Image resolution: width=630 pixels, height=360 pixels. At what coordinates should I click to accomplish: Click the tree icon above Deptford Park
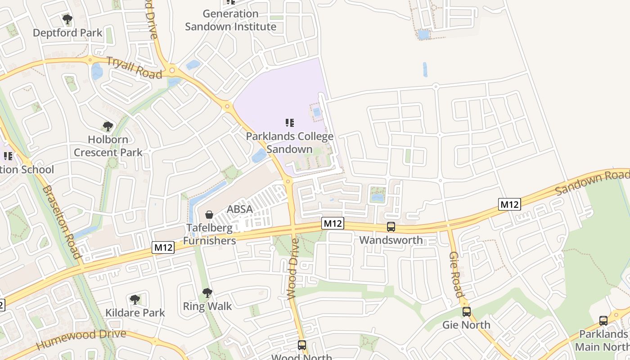click(x=67, y=19)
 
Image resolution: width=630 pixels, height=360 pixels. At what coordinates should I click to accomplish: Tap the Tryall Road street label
click(x=134, y=67)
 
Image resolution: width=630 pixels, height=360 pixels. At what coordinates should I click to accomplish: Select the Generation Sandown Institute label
click(x=230, y=20)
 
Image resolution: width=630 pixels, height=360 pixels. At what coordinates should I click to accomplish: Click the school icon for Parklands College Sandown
click(x=290, y=122)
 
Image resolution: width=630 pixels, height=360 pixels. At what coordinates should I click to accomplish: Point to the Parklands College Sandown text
click(x=290, y=143)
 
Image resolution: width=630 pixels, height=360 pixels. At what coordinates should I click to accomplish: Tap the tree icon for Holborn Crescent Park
click(x=108, y=126)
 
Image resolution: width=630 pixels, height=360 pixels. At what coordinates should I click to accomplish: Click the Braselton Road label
click(x=62, y=222)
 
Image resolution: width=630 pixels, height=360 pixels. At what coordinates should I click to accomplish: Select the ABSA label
click(x=239, y=209)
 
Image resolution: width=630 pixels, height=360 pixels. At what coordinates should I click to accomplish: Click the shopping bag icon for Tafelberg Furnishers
click(x=209, y=215)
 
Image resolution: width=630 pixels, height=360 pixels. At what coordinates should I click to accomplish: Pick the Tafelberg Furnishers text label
click(x=209, y=234)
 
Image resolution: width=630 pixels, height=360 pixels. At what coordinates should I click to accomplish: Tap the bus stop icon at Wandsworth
click(x=391, y=227)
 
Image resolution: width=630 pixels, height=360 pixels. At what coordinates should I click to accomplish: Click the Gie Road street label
click(x=456, y=274)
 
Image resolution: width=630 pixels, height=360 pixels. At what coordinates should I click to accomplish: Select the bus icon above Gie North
click(x=467, y=311)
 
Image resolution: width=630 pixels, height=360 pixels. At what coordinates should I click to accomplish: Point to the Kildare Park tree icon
click(x=135, y=299)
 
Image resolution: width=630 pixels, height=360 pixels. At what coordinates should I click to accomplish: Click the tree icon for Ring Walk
click(x=207, y=293)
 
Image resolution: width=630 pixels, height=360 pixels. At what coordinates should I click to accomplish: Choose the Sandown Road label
click(x=592, y=182)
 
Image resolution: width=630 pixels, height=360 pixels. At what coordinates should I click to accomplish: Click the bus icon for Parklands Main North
click(x=603, y=321)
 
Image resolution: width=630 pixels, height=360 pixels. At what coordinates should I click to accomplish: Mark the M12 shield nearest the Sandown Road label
click(x=509, y=204)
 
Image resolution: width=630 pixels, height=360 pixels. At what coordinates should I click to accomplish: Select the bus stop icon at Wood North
click(x=302, y=345)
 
